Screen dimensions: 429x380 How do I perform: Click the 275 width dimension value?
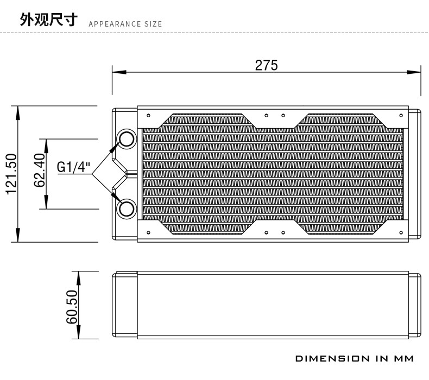266,66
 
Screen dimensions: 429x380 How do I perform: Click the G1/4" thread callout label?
74,166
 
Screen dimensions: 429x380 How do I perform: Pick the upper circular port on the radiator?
127,139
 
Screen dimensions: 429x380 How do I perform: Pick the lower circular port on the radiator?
127,208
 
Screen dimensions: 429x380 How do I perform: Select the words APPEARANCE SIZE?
125,24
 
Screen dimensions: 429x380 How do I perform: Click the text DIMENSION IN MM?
355,359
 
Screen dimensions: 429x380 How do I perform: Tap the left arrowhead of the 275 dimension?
116,72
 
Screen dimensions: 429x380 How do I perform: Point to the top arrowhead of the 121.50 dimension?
18,111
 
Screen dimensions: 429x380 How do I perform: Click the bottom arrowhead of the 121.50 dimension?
18,237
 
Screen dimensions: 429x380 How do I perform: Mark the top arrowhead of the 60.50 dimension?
79,276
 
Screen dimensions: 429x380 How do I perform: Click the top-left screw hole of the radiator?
148,115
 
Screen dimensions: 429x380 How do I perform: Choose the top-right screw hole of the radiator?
402,115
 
